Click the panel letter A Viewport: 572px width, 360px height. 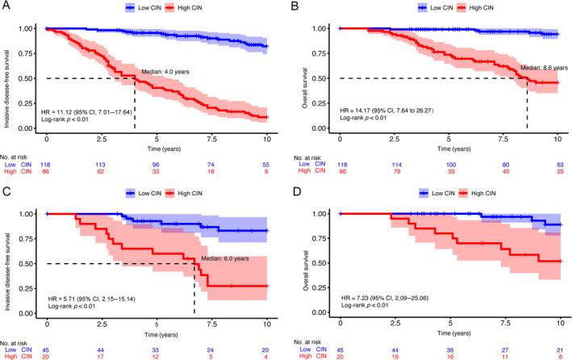[x=6, y=6]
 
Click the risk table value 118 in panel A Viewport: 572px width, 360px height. [x=48, y=162]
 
